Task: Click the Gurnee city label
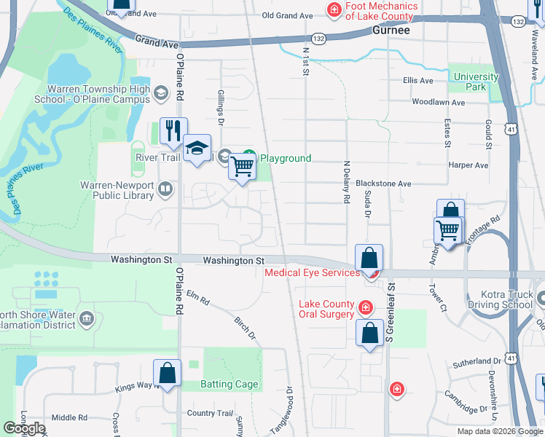[391, 31]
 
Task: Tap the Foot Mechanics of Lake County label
[382, 11]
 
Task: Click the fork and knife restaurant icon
[173, 131]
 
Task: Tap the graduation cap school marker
[197, 149]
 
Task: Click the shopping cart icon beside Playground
[242, 167]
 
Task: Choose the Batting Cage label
[230, 385]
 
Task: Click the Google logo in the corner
[24, 428]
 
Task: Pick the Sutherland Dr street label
[473, 361]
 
